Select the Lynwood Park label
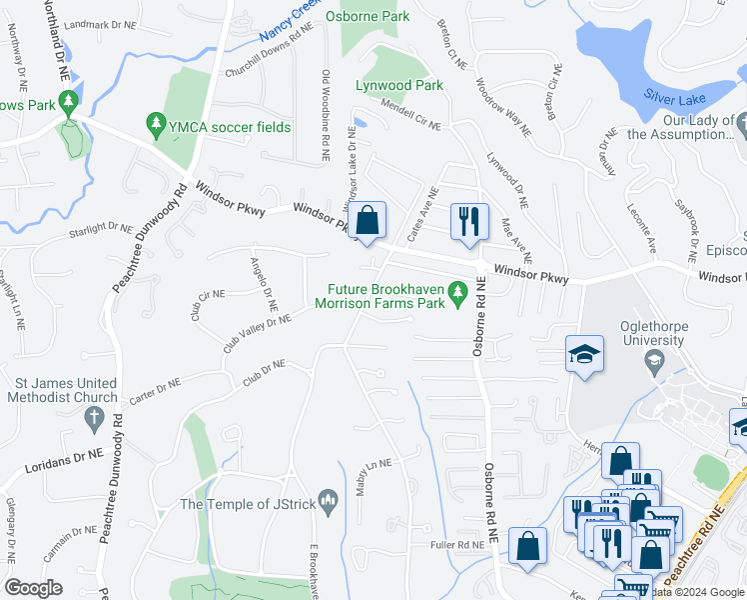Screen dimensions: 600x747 [x=399, y=86]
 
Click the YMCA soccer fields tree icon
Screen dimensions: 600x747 [x=155, y=126]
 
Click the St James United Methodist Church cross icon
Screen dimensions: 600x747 [x=95, y=418]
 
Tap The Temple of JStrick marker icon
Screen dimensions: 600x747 [x=327, y=499]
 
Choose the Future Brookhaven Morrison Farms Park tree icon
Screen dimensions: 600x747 [x=458, y=292]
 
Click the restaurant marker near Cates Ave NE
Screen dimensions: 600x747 [x=468, y=221]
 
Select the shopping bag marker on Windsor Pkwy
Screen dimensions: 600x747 [x=368, y=220]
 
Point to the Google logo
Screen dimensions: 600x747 [x=34, y=587]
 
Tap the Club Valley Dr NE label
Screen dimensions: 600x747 [x=257, y=329]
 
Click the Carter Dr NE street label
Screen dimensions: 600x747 [x=153, y=388]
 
